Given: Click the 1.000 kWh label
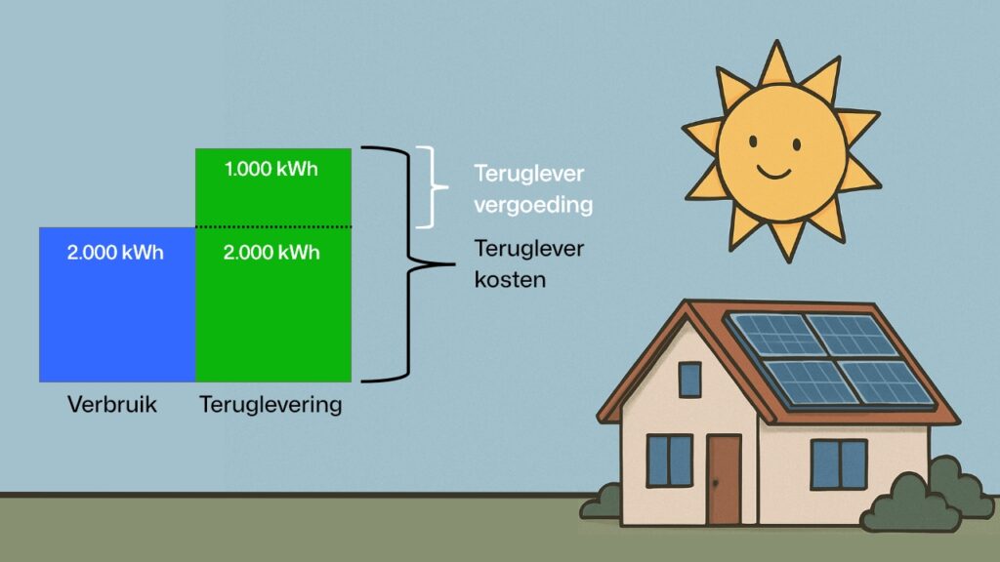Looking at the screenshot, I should click(272, 168).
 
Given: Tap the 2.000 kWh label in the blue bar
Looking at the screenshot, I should click(115, 253).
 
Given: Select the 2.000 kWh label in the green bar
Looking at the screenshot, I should click(272, 253).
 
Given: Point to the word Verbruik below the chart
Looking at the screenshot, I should click(111, 403).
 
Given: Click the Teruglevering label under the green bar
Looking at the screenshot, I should click(271, 403).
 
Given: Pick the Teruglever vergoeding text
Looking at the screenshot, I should click(533, 189).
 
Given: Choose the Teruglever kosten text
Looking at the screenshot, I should click(528, 263).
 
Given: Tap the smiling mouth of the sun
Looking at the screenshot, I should click(773, 173).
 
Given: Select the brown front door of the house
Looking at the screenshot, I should click(724, 479).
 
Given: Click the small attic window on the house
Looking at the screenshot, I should click(690, 379).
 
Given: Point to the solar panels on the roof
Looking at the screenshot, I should click(831, 356).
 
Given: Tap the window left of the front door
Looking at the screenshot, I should click(669, 461).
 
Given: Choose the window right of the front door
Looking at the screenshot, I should click(839, 463).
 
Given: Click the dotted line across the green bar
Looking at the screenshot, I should click(272, 227).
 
